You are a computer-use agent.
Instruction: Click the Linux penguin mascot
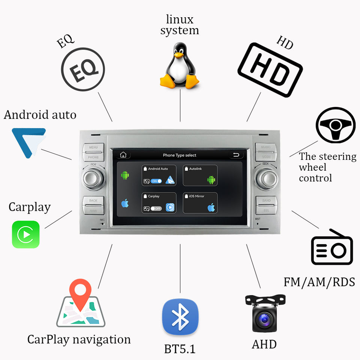coord(179,66)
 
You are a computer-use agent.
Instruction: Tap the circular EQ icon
coord(83,70)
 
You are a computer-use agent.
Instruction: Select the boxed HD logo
coord(270,70)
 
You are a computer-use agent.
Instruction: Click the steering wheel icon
coord(335,125)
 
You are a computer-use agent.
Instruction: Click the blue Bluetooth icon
coord(180,317)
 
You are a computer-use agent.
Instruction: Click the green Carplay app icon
coord(25,234)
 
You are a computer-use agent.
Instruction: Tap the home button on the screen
coord(123,154)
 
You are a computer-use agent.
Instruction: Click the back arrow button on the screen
coord(235,154)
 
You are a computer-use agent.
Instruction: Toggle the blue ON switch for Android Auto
coord(156,181)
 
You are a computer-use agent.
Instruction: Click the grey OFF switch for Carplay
coord(156,208)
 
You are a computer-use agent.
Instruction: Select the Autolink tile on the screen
coord(200,175)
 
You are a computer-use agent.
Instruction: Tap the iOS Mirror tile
coord(200,202)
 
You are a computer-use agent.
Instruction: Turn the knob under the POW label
coord(93,179)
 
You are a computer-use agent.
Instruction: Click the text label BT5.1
coord(180,349)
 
